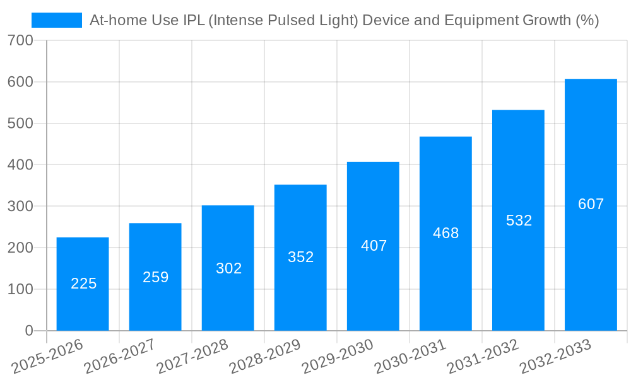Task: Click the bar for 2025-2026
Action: tap(83, 283)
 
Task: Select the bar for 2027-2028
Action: tap(228, 268)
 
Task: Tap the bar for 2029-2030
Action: tap(373, 246)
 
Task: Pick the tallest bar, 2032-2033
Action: tap(591, 205)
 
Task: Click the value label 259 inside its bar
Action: tap(155, 277)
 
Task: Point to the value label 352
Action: tap(300, 257)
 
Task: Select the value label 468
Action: tap(445, 233)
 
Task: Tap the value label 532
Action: tap(519, 220)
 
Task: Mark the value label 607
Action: tap(591, 204)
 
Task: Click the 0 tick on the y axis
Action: tap(28, 331)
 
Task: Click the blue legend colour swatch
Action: tap(57, 20)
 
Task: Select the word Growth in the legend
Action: tap(547, 20)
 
